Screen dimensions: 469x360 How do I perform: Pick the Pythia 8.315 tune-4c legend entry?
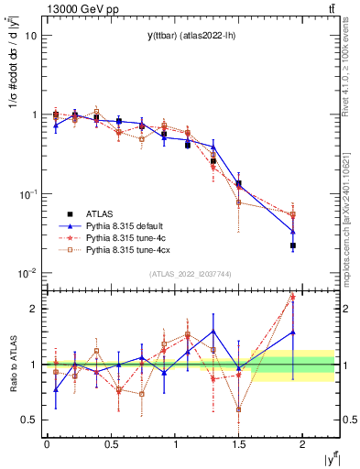point(125,237)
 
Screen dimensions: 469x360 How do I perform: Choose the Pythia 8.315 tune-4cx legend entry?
point(128,249)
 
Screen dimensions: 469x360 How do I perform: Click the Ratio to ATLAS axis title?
point(14,365)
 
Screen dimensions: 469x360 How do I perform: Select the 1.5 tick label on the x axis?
point(238,443)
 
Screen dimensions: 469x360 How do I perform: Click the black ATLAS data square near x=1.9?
point(293,245)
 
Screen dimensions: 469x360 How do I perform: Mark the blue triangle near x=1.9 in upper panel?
point(293,231)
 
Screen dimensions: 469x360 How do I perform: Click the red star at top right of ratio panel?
point(293,296)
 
